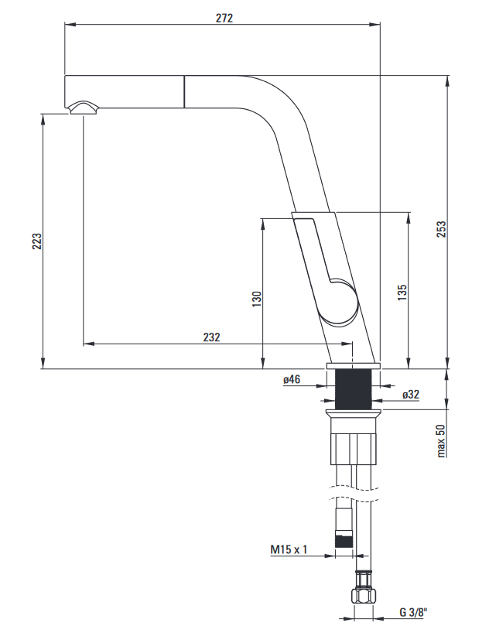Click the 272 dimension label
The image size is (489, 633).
224,18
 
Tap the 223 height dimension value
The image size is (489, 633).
37,241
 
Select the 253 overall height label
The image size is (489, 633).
442,229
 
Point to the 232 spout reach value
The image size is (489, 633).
211,337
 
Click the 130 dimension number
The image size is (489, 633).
257,299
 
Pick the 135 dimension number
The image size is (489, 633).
402,293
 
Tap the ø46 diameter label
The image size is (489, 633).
292,379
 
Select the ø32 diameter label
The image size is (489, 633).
411,395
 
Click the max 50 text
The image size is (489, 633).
441,440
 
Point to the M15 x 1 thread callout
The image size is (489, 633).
289,549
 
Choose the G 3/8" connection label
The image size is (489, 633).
413,612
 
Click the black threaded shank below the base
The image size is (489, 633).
354,389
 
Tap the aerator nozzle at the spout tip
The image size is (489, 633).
84,108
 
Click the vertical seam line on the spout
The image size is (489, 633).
185,91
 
